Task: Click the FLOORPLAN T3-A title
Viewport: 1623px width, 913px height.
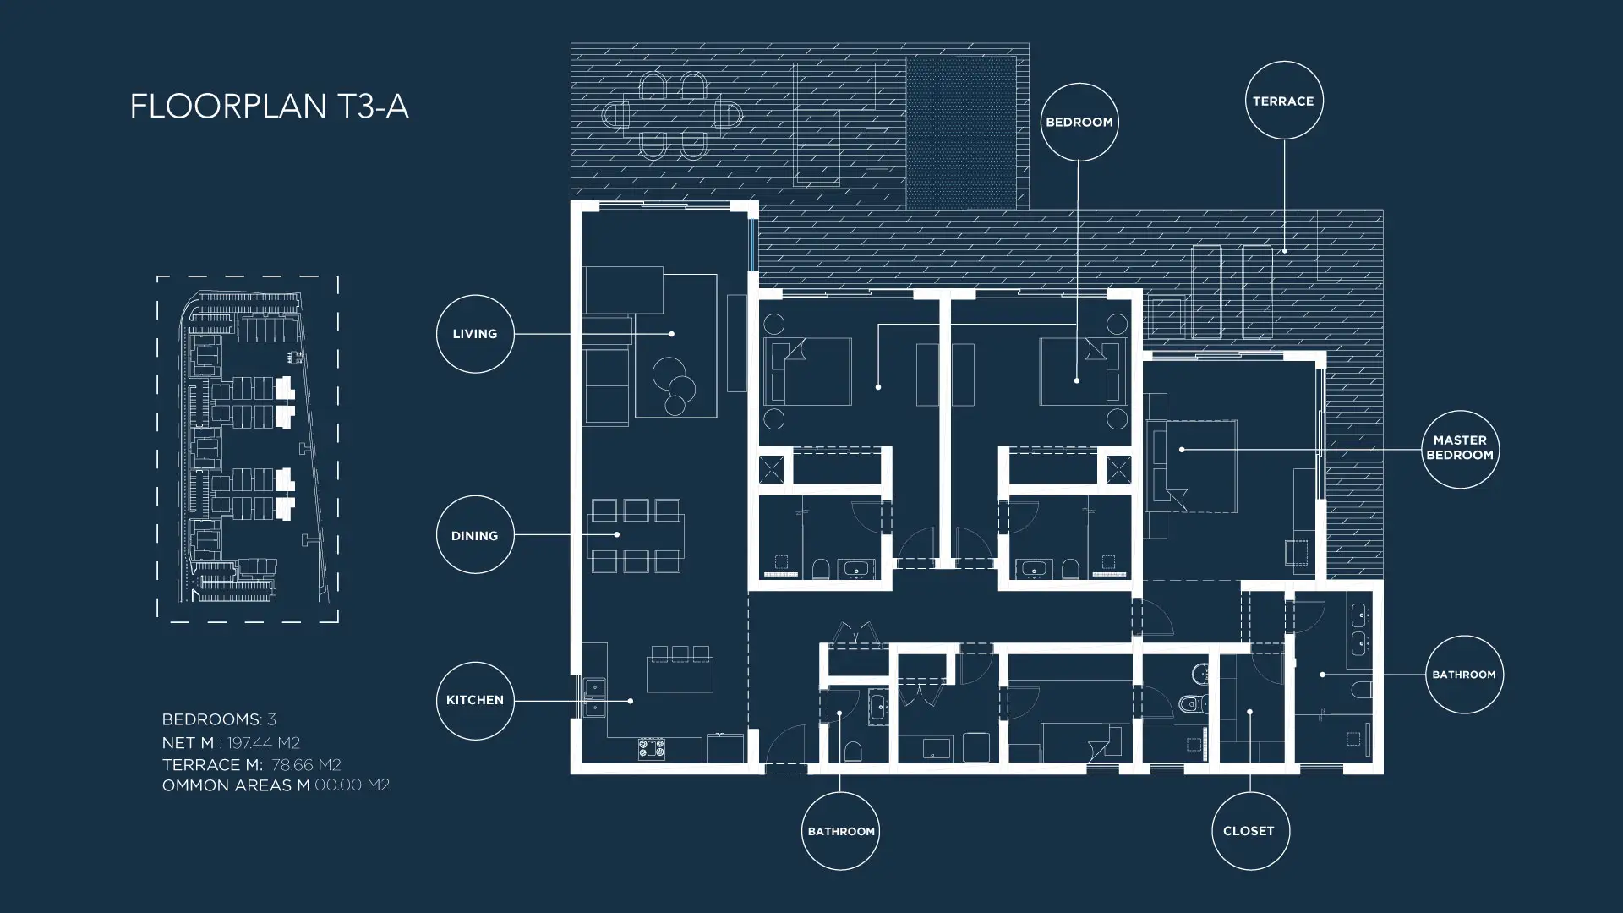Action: [x=269, y=107]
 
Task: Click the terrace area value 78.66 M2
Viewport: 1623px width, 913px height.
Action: [x=306, y=765]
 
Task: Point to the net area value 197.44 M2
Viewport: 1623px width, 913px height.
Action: [x=264, y=743]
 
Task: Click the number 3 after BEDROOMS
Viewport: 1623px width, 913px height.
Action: [x=272, y=719]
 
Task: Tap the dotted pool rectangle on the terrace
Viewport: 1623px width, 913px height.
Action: [x=961, y=133]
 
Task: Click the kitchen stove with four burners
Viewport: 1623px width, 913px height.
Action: [x=652, y=747]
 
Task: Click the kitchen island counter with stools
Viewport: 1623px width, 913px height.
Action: [x=680, y=675]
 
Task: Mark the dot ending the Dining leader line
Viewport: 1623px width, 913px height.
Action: [x=617, y=534]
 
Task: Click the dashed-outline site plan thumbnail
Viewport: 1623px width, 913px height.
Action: [x=248, y=449]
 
